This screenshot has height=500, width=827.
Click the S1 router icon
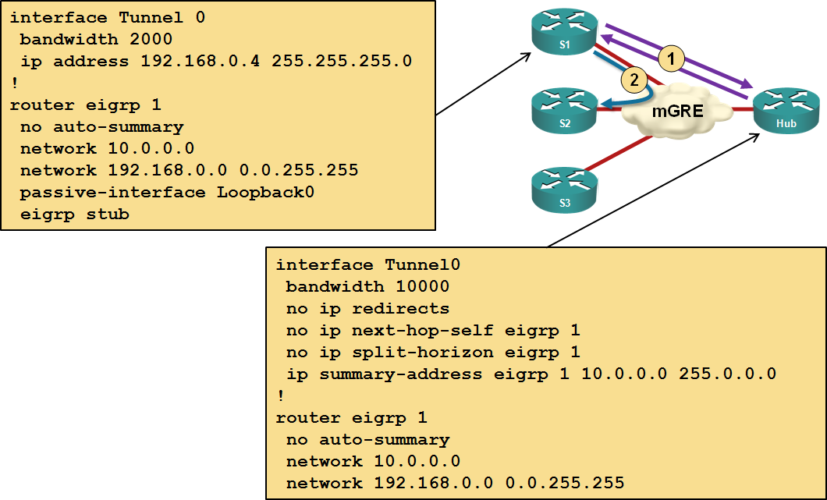pyautogui.click(x=564, y=34)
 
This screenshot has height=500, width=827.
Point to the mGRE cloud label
pyautogui.click(x=677, y=111)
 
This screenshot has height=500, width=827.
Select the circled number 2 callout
pyautogui.click(x=634, y=79)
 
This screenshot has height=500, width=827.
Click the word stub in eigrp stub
pyautogui.click(x=107, y=214)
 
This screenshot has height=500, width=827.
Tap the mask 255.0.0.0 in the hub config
pyautogui.click(x=727, y=374)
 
